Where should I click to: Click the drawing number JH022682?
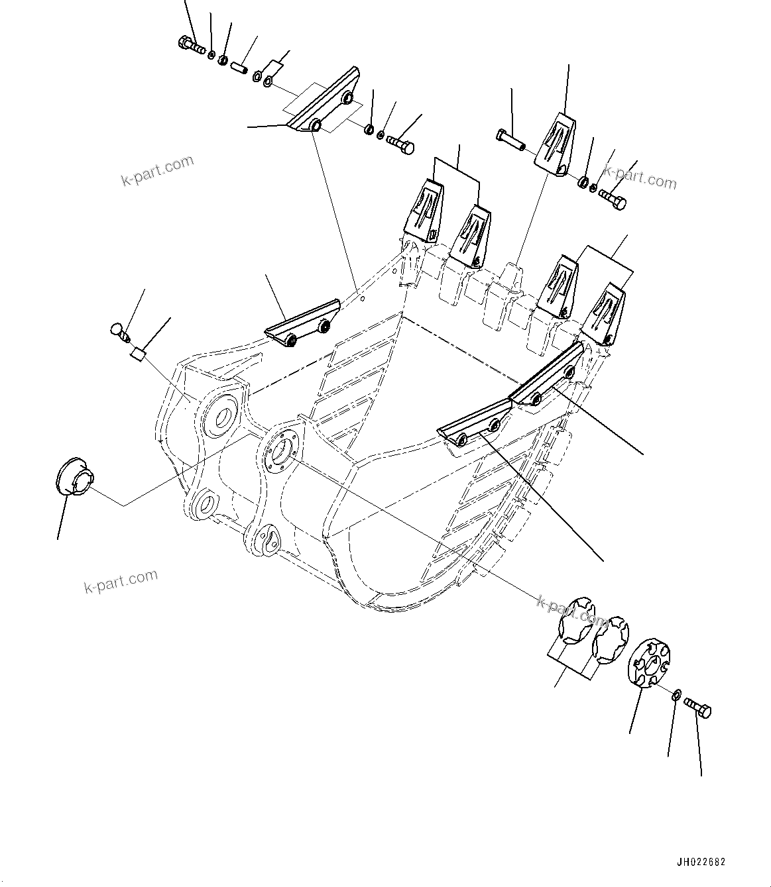(701, 862)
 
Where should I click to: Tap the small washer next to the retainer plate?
(675, 694)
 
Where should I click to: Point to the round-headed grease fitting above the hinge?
(117, 329)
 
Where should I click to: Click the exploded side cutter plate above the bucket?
(324, 103)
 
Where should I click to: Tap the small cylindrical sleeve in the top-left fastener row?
(239, 66)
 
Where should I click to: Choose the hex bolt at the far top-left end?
(191, 46)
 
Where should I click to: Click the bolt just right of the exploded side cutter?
(400, 141)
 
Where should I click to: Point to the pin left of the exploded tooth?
(509, 139)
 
